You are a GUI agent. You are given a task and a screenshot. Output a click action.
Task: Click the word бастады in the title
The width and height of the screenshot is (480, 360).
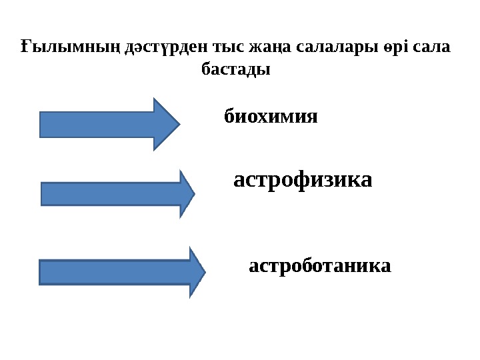(235, 69)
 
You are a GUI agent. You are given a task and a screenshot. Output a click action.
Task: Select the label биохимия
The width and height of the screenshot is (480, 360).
(270, 118)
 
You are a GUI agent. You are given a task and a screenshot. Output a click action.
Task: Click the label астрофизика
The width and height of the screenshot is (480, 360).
(303, 179)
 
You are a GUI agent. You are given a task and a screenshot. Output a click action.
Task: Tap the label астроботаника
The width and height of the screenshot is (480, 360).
(319, 267)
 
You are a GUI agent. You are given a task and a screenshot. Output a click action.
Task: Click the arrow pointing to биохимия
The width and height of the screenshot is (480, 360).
(107, 124)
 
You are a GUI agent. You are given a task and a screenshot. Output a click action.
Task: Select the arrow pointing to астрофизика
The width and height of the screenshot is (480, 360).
(113, 193)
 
